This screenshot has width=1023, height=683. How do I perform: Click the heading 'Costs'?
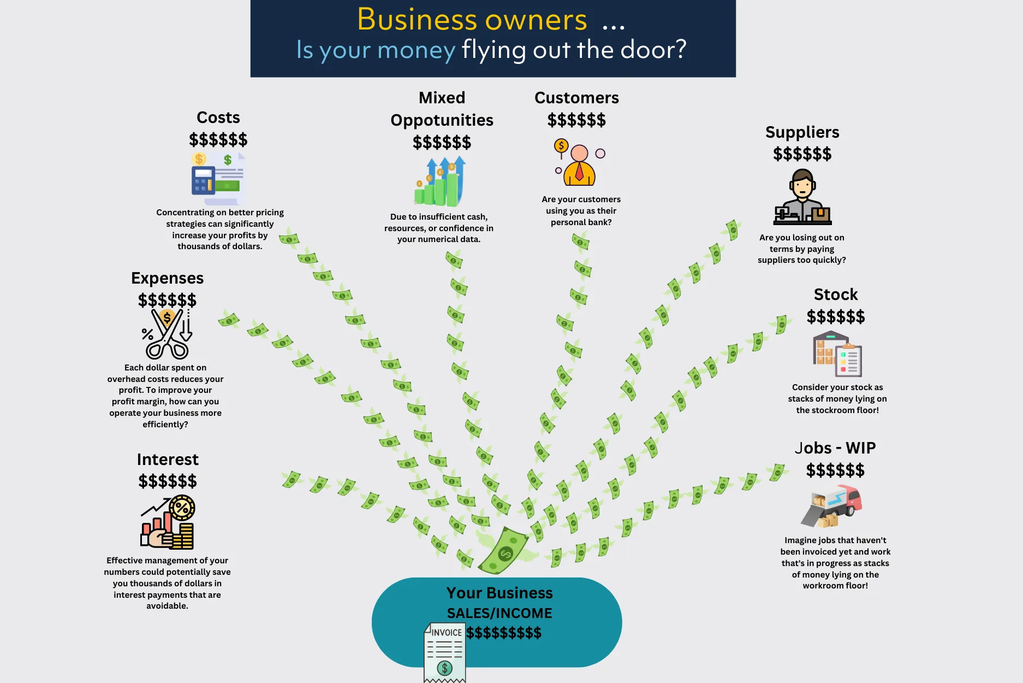(x=218, y=117)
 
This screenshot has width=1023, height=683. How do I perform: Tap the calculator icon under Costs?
(x=203, y=180)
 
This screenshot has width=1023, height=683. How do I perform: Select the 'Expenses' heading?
(x=167, y=278)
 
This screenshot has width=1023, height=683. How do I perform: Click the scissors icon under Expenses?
(x=167, y=334)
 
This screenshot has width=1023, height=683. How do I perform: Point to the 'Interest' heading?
(x=168, y=460)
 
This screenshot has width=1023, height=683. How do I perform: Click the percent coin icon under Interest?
(x=182, y=508)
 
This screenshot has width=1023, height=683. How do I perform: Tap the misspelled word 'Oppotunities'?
(x=442, y=120)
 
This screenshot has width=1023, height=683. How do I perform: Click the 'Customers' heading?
(x=576, y=98)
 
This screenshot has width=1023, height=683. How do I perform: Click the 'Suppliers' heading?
(x=802, y=132)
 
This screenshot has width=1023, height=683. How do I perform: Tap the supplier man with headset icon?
(x=802, y=197)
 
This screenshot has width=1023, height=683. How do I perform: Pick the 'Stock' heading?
(x=836, y=295)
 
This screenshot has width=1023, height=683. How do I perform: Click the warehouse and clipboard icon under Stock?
(x=837, y=354)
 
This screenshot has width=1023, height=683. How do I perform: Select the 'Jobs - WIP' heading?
(x=835, y=448)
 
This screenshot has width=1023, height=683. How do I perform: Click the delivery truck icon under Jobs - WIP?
(x=832, y=507)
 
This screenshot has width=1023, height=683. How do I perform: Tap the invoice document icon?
(x=445, y=652)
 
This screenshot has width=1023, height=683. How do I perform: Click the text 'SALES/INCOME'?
(x=499, y=613)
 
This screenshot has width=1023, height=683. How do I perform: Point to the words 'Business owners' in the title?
(x=472, y=20)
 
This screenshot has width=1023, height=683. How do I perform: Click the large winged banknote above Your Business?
(x=504, y=551)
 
